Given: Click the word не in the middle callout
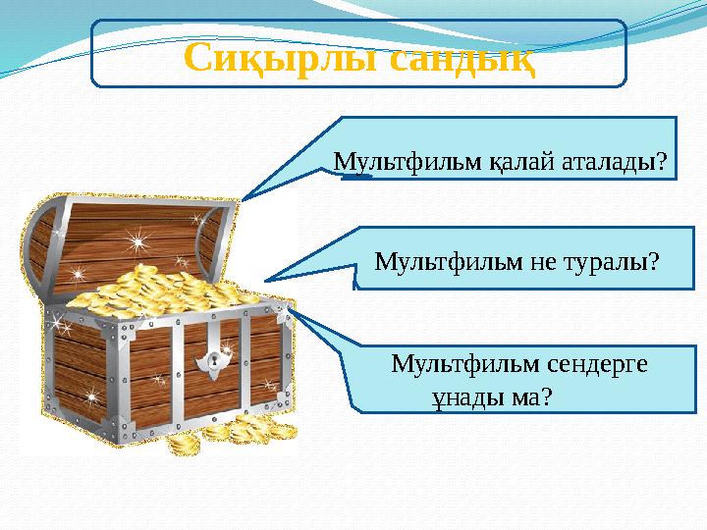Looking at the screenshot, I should pyautogui.click(x=543, y=262).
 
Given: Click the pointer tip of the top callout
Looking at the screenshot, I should pyautogui.click(x=245, y=197).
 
